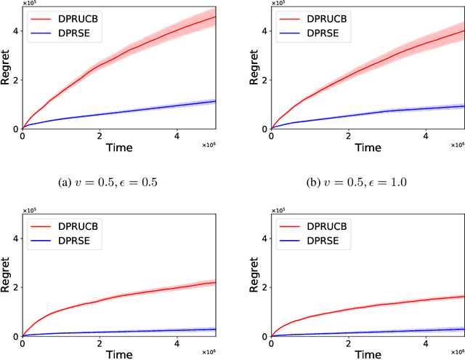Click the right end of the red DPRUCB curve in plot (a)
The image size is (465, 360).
[215, 17]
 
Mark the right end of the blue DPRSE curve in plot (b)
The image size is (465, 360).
[464, 106]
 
